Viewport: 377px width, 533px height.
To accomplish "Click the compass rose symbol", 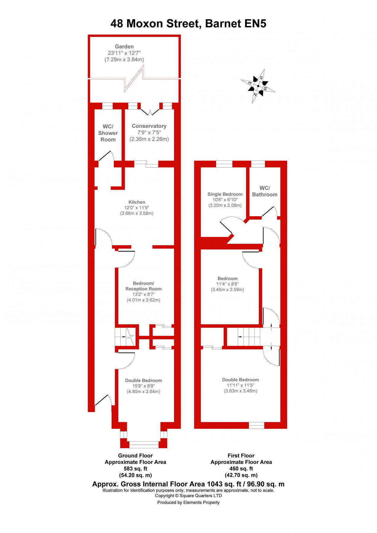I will click(258, 86).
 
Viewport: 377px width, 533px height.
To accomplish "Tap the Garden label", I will click(124, 46).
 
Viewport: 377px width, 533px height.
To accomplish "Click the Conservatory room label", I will click(149, 126).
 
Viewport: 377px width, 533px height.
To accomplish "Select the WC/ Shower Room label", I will click(108, 133).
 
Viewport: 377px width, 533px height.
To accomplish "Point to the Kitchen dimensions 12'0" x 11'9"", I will click(137, 208).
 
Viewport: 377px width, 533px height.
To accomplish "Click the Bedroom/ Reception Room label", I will click(143, 286).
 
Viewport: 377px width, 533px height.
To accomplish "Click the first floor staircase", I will click(249, 337).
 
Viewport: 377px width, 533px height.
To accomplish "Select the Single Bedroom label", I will click(225, 194).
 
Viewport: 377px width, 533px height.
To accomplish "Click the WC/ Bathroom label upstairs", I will click(265, 191).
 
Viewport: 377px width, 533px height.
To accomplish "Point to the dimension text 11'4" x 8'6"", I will click(227, 284).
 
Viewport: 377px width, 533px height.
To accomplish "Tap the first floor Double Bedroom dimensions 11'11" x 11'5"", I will click(240, 385).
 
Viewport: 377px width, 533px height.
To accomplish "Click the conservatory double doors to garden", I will click(150, 112).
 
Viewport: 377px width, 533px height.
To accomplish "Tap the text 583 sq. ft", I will click(135, 469).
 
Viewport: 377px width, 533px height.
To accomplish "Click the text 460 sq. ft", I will click(241, 469).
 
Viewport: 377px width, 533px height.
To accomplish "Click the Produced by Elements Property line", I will click(188, 503).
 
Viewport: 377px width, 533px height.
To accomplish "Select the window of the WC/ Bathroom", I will click(258, 164).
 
